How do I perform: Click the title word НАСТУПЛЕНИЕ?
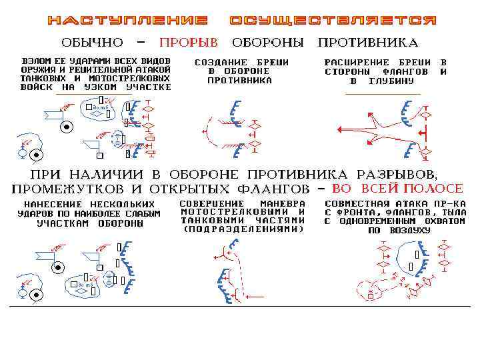[127, 20]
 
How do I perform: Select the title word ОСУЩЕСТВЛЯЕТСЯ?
[333, 20]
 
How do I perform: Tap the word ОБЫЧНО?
[93, 43]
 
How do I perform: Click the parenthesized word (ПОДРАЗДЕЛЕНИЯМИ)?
[243, 229]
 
